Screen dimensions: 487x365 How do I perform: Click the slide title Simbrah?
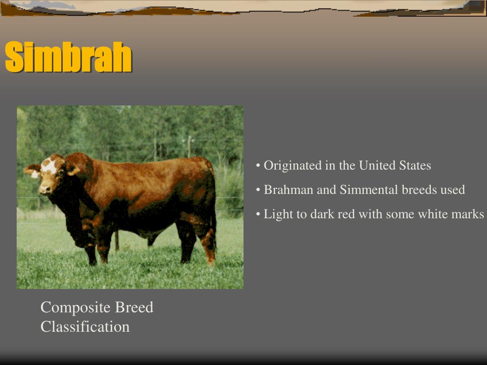68,57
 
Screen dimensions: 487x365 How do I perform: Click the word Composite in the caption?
76,307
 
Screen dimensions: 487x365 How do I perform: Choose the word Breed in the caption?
134,307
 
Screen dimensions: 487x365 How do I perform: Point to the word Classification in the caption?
85,327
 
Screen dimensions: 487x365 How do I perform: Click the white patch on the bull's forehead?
49,166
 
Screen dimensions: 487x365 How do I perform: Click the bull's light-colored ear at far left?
32,171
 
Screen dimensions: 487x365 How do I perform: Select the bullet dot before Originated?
258,166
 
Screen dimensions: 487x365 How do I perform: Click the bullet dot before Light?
258,214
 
